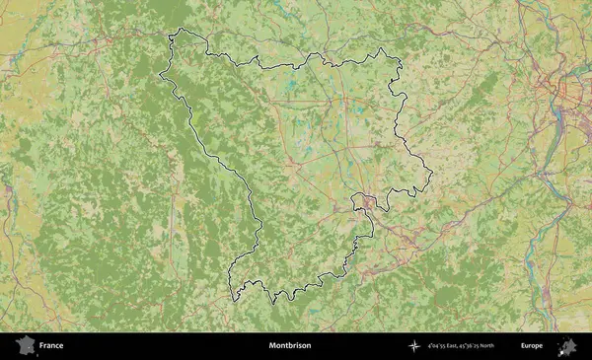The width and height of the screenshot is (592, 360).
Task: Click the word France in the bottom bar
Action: point(52,346)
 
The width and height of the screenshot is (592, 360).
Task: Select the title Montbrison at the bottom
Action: point(289,346)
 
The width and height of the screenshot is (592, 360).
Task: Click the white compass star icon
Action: point(414,346)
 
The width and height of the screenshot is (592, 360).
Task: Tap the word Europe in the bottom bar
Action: point(532,346)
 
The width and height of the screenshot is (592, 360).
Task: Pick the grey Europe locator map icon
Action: point(567,346)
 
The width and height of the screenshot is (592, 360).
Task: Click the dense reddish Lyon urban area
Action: point(570,94)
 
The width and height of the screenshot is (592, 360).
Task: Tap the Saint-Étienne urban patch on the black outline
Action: point(368,202)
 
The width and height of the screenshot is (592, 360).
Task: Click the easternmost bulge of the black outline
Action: point(431,176)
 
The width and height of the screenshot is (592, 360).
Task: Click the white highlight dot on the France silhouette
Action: point(29,347)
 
